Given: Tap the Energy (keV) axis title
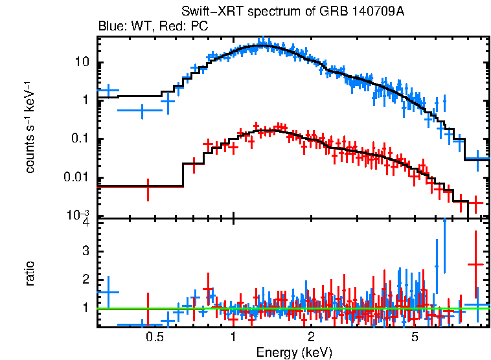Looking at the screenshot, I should pos(294,352).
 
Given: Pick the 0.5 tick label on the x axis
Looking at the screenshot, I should pos(154,337).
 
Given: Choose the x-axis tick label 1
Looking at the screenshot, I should pos(233,337).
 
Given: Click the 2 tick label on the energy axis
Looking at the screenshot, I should pos(312,337).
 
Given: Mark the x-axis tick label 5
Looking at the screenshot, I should pos(415,337).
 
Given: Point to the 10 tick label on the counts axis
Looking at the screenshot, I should pos(82,63).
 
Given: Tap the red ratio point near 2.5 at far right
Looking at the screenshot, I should pos(476,264).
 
